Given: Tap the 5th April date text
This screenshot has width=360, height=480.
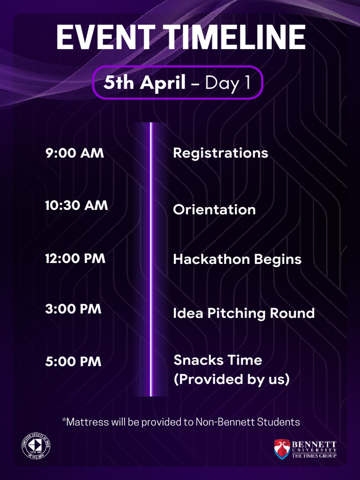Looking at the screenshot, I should point(145,82).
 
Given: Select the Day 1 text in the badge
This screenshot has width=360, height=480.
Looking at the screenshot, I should point(227,82).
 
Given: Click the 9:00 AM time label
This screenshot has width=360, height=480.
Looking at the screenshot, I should point(75,153).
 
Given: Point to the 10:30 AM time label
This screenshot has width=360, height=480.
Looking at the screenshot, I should point(76,205).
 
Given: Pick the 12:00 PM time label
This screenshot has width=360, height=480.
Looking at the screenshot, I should point(75,258).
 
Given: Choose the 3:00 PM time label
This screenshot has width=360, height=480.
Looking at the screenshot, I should point(73,309).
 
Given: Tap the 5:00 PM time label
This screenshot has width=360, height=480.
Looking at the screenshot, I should point(73,362).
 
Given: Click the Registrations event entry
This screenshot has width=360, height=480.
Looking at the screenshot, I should point(220,153).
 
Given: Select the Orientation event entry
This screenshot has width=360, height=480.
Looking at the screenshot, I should point(214,210).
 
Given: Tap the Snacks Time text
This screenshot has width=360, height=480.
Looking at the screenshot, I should point(217,360).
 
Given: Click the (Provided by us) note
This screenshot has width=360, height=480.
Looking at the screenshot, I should point(231,379).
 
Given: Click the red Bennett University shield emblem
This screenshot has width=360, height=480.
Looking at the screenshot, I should point(282,449).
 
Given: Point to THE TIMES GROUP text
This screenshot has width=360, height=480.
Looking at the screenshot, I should point(314,456).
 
